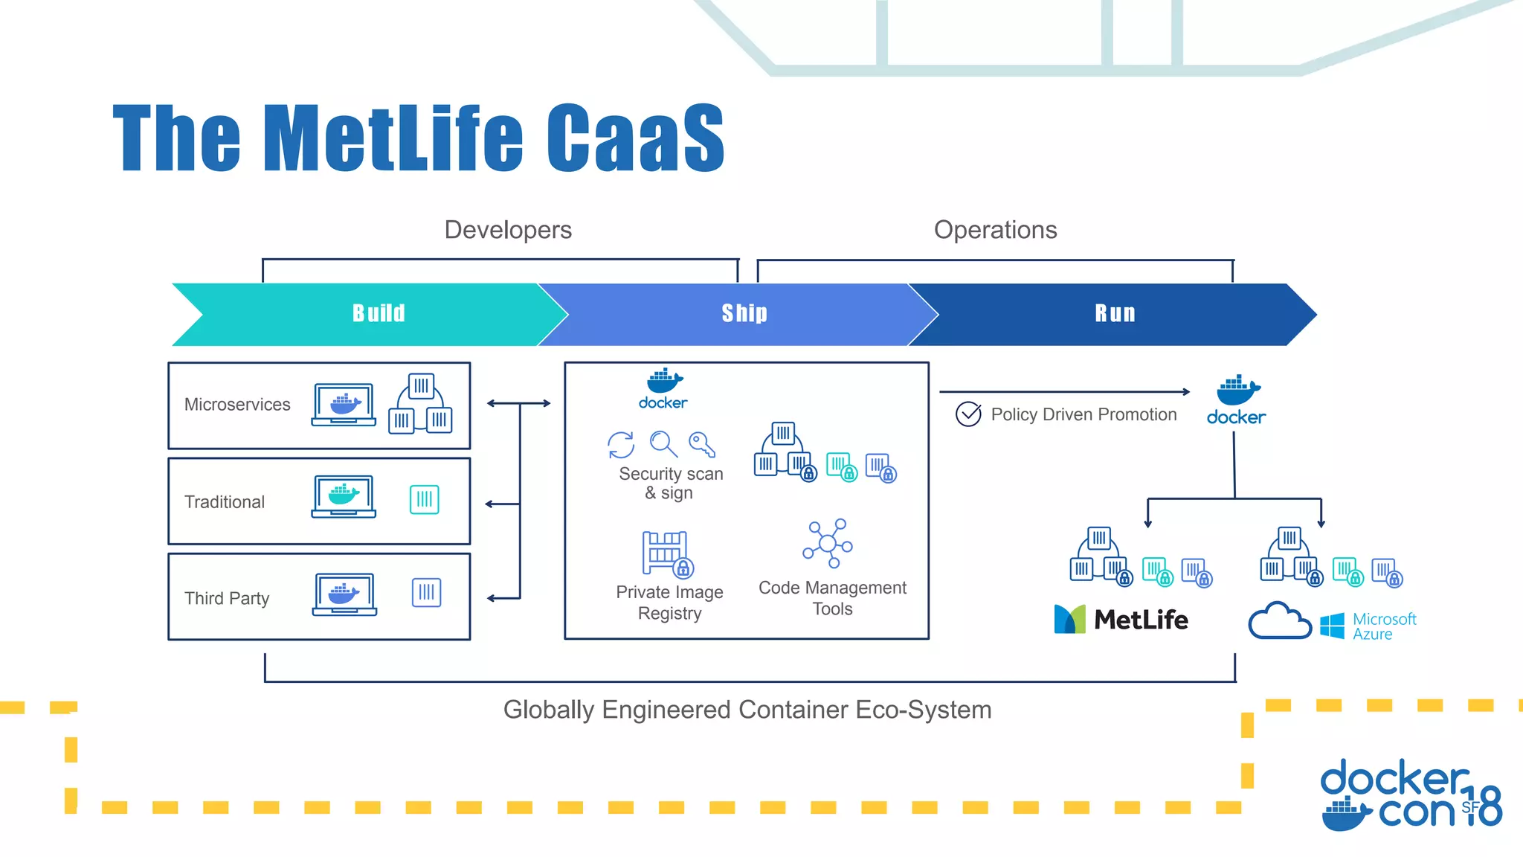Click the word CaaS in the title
pyautogui.click(x=635, y=138)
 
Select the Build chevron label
pyautogui.click(x=379, y=313)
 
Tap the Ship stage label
pyautogui.click(x=744, y=313)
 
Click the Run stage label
pyautogui.click(x=1115, y=313)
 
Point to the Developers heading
pyautogui.click(x=508, y=230)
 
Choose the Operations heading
pyautogui.click(x=995, y=230)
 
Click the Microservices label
pyautogui.click(x=237, y=405)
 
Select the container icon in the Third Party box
pyautogui.click(x=426, y=593)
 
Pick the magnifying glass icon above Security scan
pyautogui.click(x=663, y=444)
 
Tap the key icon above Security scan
pyautogui.click(x=701, y=444)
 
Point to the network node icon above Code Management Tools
pyautogui.click(x=828, y=543)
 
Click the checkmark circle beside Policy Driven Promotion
pyautogui.click(x=968, y=414)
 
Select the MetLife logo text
pyautogui.click(x=1141, y=620)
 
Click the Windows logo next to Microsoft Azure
pyautogui.click(x=1332, y=626)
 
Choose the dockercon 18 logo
pyautogui.click(x=1409, y=795)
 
